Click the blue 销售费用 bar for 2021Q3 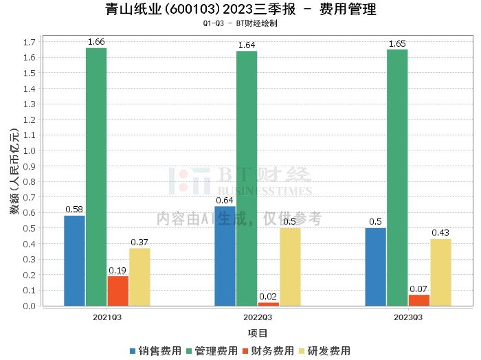click(74, 260)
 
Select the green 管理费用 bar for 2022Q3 click(247, 178)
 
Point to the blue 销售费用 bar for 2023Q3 click(375, 267)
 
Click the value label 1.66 click(96, 42)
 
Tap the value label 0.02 click(268, 297)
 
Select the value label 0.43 click(440, 233)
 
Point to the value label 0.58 click(74, 210)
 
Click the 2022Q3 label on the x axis click(258, 317)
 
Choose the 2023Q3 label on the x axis click(408, 317)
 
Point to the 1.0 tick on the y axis click(30, 150)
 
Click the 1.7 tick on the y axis click(30, 42)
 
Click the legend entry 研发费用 click(326, 350)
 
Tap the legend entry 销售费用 click(155, 350)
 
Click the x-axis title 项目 click(258, 333)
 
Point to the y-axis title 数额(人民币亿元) click(14, 172)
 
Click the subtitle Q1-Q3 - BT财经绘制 click(240, 23)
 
